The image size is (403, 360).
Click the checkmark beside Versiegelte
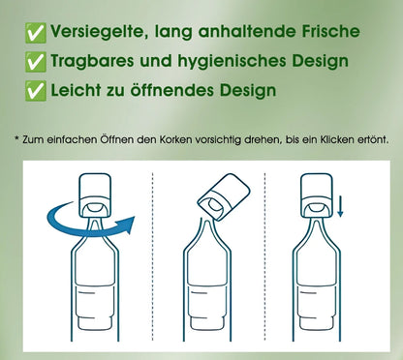point(36,33)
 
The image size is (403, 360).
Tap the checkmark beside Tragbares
point(36,62)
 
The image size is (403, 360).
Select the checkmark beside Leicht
point(36,91)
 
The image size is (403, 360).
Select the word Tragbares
point(92,61)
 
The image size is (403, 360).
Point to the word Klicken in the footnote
point(337,140)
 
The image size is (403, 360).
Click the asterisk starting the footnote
point(17,139)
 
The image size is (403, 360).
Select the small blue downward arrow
point(340,208)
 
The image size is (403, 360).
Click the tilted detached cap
point(224,196)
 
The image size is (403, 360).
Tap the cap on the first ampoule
point(95,195)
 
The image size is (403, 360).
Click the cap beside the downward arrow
point(317,195)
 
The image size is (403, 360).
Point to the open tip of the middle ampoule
point(206,220)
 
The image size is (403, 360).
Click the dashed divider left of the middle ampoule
point(152,256)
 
